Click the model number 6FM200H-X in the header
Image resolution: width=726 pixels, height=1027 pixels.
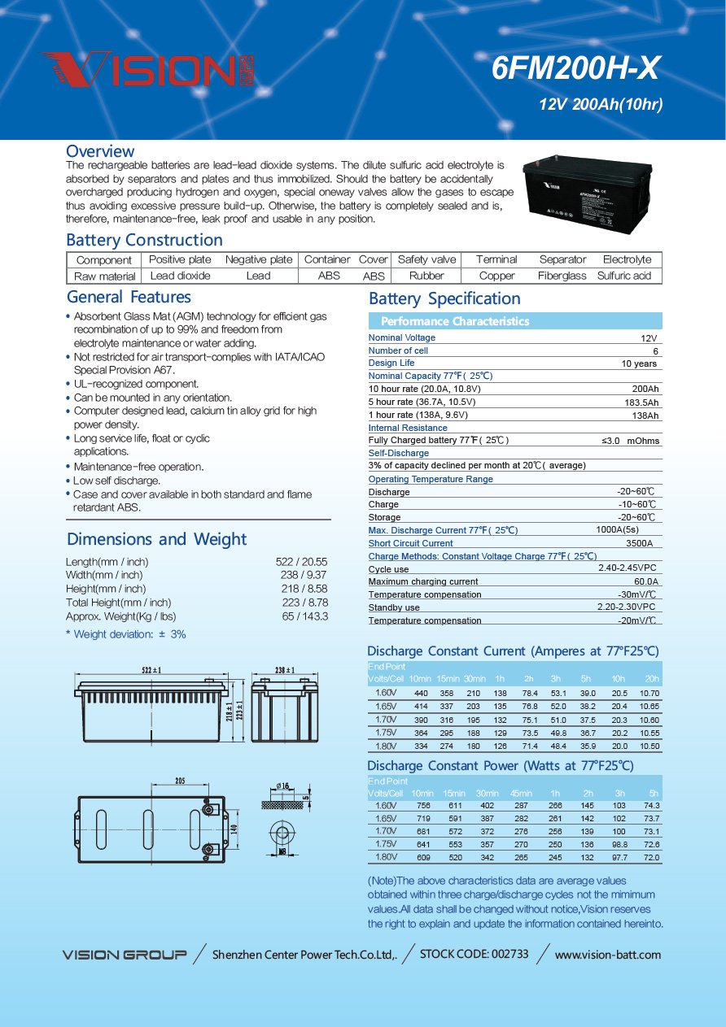pyautogui.click(x=575, y=69)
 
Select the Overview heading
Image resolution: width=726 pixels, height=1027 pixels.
pyautogui.click(x=100, y=151)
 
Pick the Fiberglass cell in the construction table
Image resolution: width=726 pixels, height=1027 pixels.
pyautogui.click(x=562, y=276)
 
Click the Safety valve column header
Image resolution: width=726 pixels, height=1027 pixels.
pyautogui.click(x=426, y=259)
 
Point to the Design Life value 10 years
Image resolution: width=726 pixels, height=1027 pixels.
pyautogui.click(x=639, y=363)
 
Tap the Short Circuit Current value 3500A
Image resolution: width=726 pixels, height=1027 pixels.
pyautogui.click(x=639, y=543)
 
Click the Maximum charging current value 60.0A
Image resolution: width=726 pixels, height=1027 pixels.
pyautogui.click(x=646, y=581)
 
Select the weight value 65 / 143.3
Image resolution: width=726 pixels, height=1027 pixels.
pyautogui.click(x=305, y=616)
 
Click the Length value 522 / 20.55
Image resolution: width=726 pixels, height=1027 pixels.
pyautogui.click(x=302, y=562)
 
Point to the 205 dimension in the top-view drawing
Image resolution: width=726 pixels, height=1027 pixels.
pyautogui.click(x=180, y=781)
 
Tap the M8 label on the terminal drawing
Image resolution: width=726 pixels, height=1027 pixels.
pyautogui.click(x=282, y=852)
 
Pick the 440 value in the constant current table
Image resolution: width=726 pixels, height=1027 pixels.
pyautogui.click(x=421, y=693)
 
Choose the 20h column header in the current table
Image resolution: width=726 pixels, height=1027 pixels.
pyautogui.click(x=652, y=679)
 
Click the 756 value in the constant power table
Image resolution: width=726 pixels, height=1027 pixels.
pyautogui.click(x=423, y=805)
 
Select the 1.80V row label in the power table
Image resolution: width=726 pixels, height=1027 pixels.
pyautogui.click(x=385, y=857)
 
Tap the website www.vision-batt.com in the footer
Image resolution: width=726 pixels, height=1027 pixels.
pyautogui.click(x=607, y=955)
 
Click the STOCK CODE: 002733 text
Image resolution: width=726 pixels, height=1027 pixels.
pyautogui.click(x=474, y=954)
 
